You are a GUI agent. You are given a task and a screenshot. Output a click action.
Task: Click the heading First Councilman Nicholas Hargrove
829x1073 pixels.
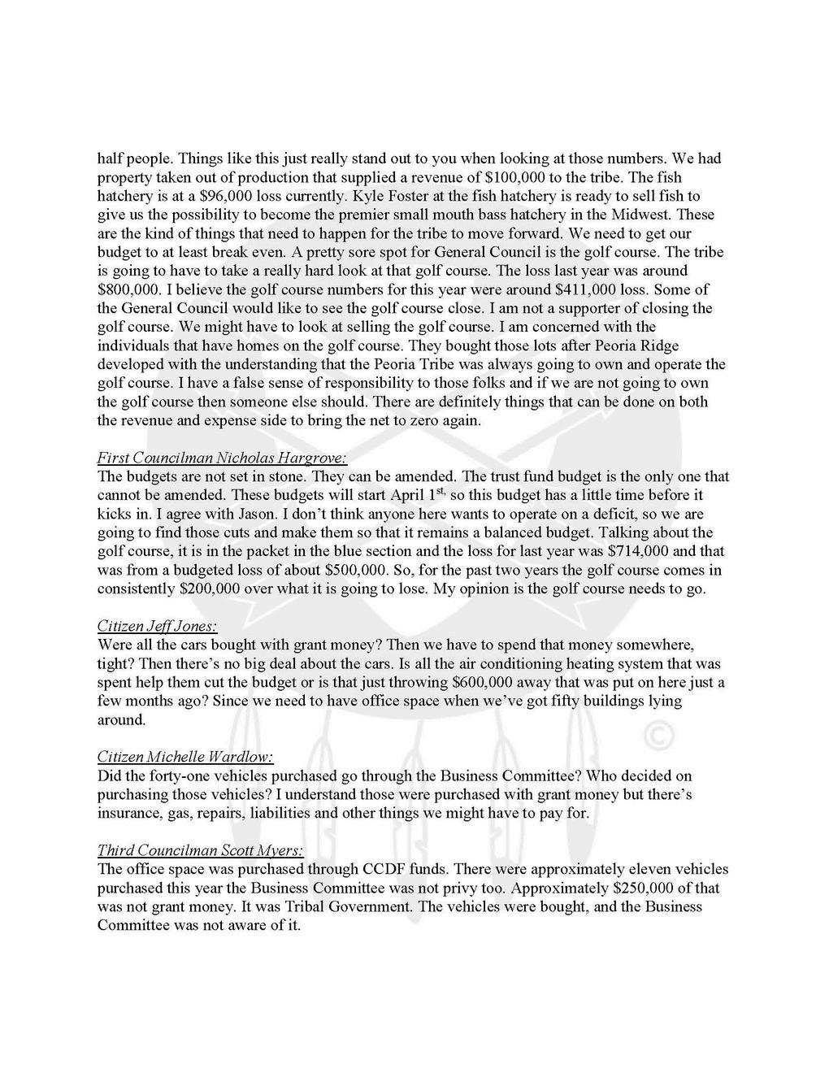point(222,458)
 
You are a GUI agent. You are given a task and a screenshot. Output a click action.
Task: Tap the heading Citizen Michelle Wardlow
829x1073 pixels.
point(184,757)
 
